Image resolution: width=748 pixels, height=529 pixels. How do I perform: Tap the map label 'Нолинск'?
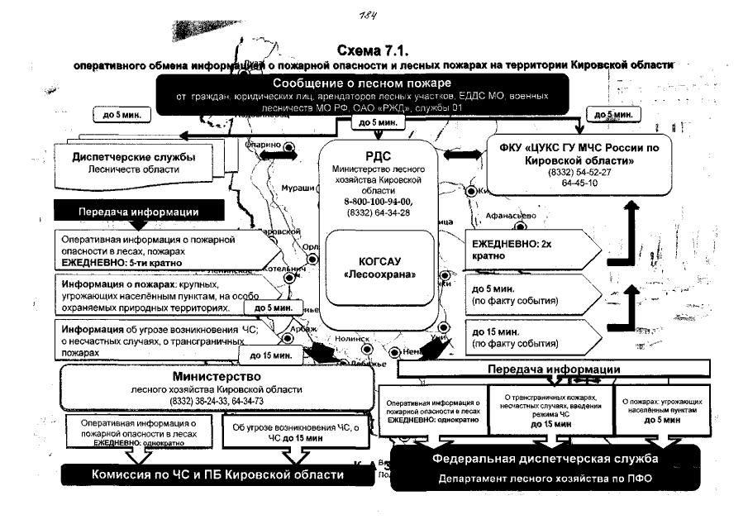coord(354,338)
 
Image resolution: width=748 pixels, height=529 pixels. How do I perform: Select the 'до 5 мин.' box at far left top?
coord(120,116)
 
